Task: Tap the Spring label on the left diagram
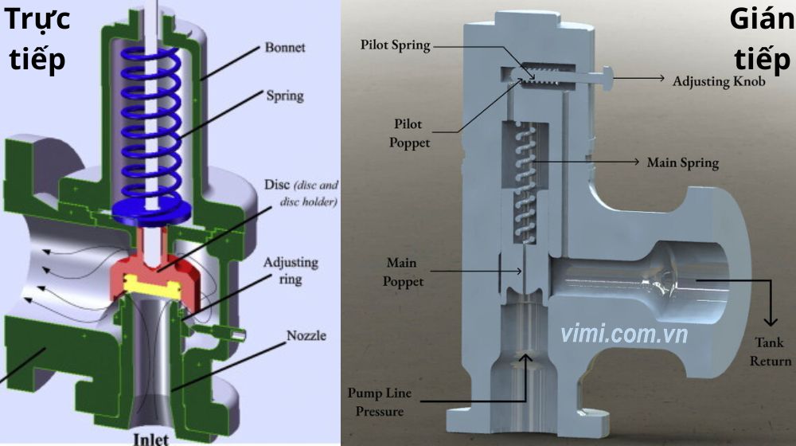coord(284,96)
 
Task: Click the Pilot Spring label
coord(395,45)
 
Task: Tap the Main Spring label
coord(682,163)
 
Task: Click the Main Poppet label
coord(404,272)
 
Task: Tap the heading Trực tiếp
coord(38,38)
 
